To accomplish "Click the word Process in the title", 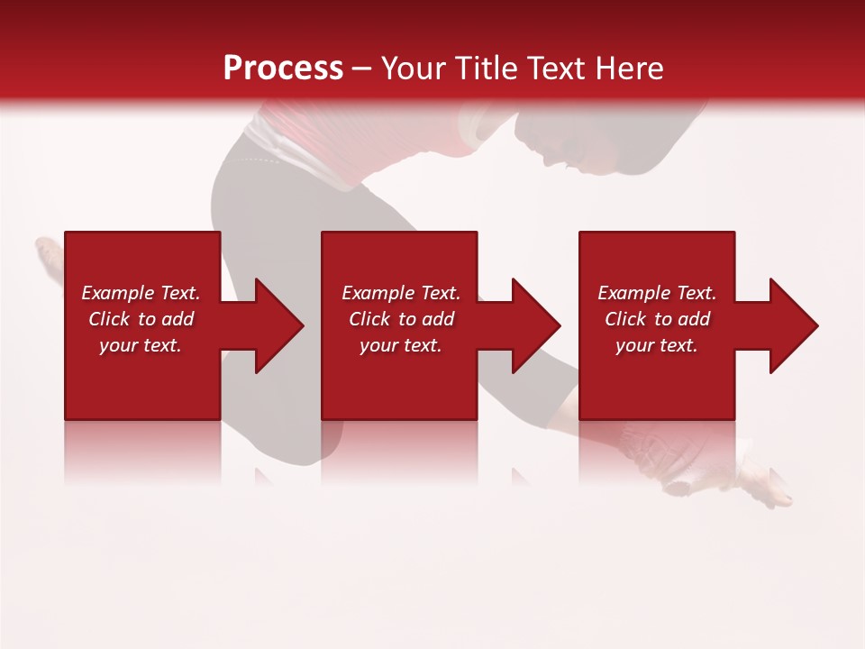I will pyautogui.click(x=283, y=69).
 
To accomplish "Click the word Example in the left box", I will pyautogui.click(x=117, y=293).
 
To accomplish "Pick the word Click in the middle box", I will pyautogui.click(x=369, y=319).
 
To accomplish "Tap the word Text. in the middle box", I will pyautogui.click(x=436, y=293).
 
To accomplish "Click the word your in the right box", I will pyautogui.click(x=634, y=345).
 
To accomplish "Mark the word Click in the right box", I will pyautogui.click(x=625, y=319).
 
